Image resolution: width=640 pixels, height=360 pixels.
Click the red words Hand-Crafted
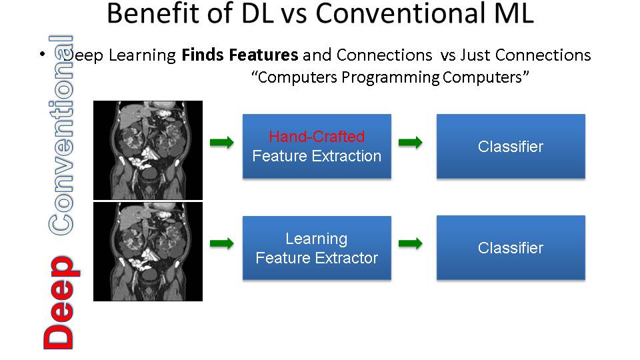click(317, 136)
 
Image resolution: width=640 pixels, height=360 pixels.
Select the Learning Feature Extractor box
click(317, 248)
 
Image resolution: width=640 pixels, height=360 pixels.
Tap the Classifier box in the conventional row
click(511, 146)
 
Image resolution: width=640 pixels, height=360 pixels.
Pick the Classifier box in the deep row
click(511, 247)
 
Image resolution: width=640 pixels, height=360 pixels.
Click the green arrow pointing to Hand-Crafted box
click(222, 143)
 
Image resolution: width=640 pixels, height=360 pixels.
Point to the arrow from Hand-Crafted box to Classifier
click(411, 143)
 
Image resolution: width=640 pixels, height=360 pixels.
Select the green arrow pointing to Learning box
click(222, 244)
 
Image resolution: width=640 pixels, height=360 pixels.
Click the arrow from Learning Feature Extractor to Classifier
click(411, 244)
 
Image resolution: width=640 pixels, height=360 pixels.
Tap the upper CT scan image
click(148, 150)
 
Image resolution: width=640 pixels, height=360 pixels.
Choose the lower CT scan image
click(148, 252)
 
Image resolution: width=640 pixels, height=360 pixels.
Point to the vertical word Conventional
click(61, 135)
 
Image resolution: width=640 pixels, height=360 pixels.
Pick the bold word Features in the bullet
click(264, 55)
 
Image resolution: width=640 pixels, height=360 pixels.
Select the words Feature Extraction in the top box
click(317, 156)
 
